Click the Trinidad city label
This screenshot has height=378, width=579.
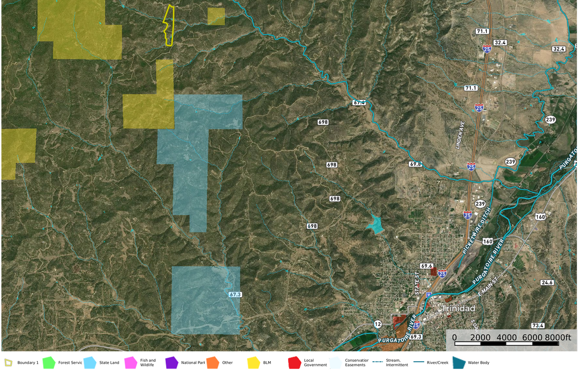pos(458,308)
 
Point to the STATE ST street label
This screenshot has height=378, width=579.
pos(418,284)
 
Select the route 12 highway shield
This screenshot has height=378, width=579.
pos(377,324)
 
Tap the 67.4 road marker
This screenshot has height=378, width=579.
pos(359,103)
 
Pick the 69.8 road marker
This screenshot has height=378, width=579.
pos(415,164)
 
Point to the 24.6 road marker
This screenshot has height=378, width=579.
pos(547,283)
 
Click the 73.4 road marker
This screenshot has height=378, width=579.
pos(538,326)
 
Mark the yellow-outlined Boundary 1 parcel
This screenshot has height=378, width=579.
pos(169,25)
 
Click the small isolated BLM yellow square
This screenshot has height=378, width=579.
pos(216,16)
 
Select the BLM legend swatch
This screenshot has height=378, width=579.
pos(253,362)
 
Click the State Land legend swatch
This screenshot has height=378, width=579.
pos(90,362)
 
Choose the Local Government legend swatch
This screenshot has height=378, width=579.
pos(294,362)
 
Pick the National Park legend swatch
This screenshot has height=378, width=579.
pos(171,362)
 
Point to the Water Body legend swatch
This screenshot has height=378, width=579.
pos(459,362)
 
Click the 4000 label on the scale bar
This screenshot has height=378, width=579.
pos(507,337)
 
